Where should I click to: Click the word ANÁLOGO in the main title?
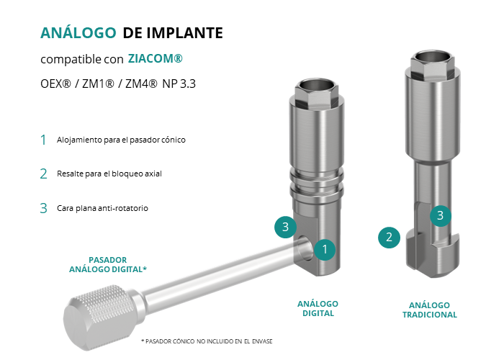[x=78, y=32]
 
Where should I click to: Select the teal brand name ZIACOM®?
[x=156, y=58]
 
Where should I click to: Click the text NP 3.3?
[x=179, y=84]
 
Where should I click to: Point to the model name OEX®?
[x=55, y=84]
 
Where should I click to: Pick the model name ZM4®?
[x=141, y=84]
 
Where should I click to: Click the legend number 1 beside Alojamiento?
[x=43, y=140]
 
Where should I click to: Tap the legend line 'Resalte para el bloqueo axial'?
[x=109, y=174]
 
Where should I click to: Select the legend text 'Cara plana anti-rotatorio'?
[x=102, y=208]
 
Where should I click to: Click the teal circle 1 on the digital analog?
[x=325, y=249]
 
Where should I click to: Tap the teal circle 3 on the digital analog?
[x=285, y=227]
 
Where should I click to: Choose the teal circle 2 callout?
[x=389, y=238]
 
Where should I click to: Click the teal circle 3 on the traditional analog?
[x=441, y=215]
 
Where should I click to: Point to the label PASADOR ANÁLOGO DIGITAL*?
[x=108, y=264]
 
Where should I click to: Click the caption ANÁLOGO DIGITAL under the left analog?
[x=318, y=309]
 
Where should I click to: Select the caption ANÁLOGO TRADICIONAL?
[x=430, y=310]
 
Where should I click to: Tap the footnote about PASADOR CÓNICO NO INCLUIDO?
[x=207, y=341]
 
